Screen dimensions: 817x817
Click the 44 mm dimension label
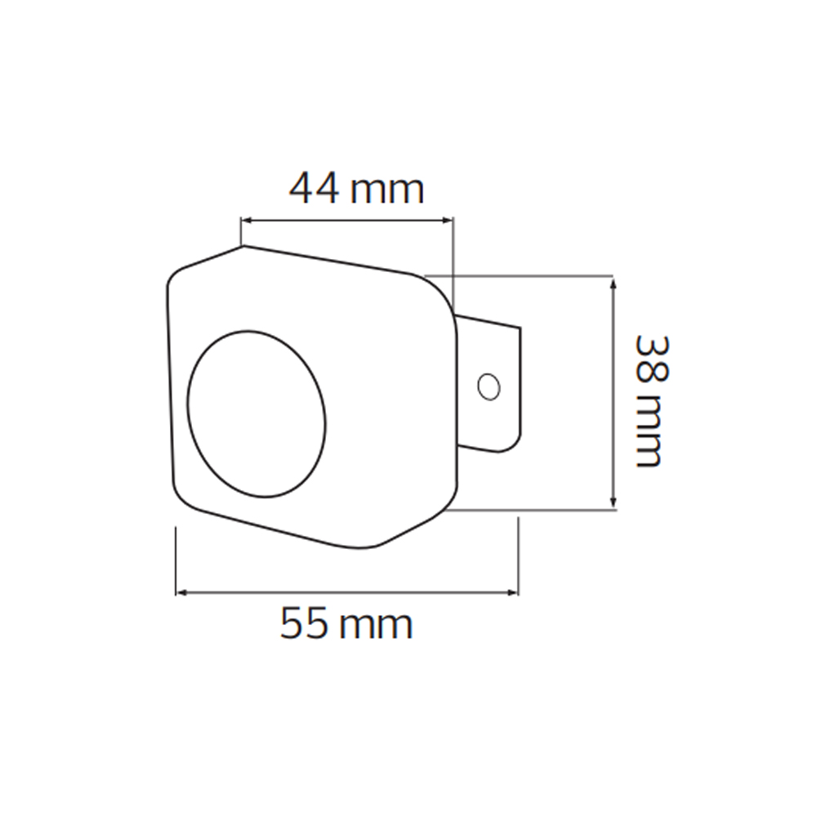tap(357, 190)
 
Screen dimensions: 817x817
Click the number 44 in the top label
tap(315, 190)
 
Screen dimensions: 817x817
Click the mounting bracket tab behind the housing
tap(490, 384)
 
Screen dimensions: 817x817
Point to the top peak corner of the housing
tap(243, 245)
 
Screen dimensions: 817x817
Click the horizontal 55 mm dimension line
tap(347, 591)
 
